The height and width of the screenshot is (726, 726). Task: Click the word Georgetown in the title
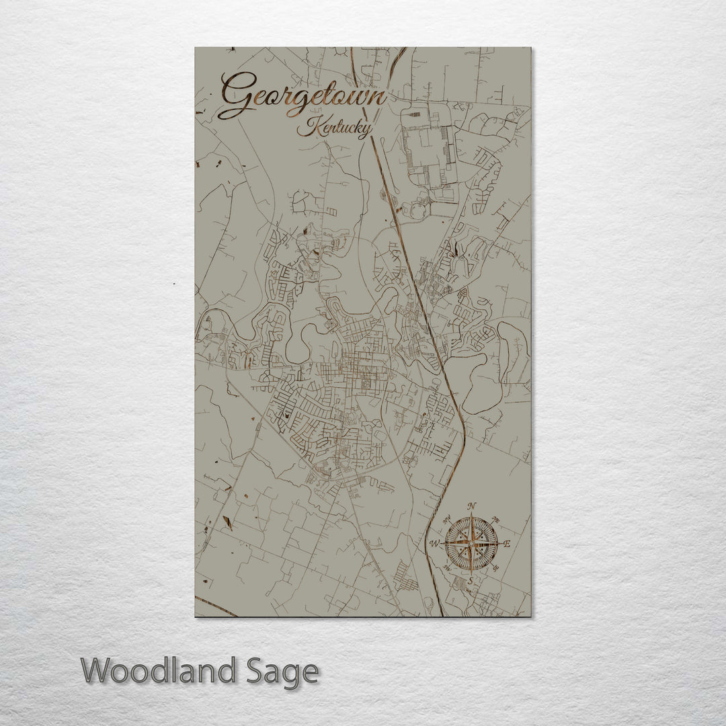pos(304,96)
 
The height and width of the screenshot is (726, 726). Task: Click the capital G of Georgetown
pos(237,95)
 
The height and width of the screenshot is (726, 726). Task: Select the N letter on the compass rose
pos(472,506)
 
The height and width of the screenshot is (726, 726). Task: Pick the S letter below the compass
pos(471,580)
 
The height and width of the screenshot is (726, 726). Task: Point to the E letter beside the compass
pos(507,544)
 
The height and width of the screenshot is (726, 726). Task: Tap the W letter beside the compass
pos(435,543)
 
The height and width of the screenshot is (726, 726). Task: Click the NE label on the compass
pos(496,519)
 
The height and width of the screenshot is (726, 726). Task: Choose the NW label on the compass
pos(446,518)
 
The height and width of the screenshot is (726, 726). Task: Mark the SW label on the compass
pos(446,568)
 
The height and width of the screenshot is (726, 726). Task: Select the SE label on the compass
pos(496,568)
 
